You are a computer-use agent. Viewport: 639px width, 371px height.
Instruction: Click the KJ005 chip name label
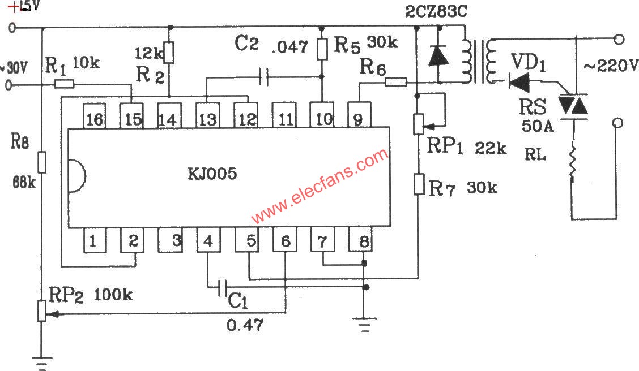point(212,173)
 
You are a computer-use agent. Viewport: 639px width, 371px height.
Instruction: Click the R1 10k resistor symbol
point(64,85)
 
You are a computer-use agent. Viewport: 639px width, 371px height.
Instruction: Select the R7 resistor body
point(419,184)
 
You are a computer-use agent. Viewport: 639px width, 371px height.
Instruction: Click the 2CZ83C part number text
point(436,12)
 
